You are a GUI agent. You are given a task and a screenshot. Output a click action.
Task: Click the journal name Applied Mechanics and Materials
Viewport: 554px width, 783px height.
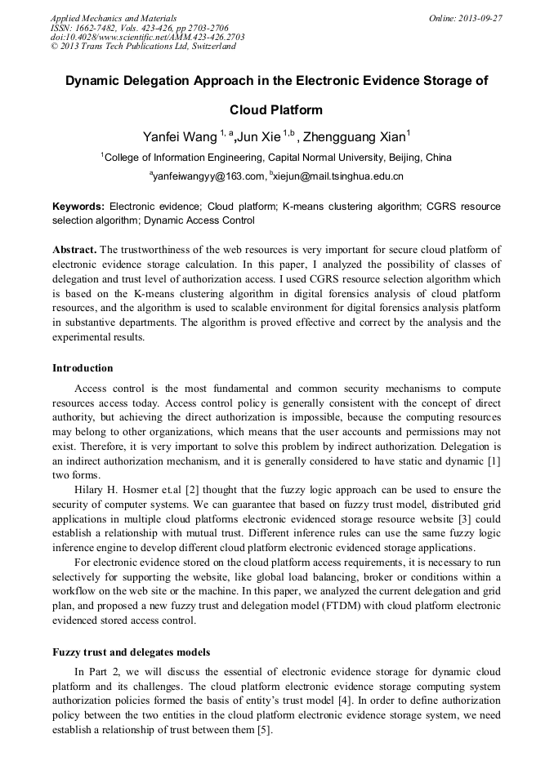pyautogui.click(x=113, y=17)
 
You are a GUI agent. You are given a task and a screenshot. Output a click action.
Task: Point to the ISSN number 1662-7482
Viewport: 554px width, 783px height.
pyautogui.click(x=96, y=27)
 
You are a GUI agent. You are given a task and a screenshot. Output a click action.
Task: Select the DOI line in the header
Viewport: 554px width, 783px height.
pyautogui.click(x=147, y=37)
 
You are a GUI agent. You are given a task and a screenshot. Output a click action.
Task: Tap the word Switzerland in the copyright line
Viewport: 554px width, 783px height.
pyautogui.click(x=210, y=47)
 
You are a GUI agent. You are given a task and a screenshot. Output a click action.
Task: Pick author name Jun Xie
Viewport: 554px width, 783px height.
pyautogui.click(x=260, y=136)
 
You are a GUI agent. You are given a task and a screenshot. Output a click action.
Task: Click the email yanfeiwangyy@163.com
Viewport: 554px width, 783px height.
pyautogui.click(x=209, y=176)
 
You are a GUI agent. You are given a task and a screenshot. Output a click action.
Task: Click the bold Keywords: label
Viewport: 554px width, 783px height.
pyautogui.click(x=78, y=207)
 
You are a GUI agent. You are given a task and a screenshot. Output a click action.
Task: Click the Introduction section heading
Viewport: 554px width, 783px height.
pyautogui.click(x=83, y=368)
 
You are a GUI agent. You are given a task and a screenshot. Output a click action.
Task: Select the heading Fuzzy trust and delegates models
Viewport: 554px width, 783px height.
pyautogui.click(x=132, y=652)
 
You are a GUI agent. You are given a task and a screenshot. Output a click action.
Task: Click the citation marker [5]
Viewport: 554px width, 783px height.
pyautogui.click(x=265, y=730)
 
